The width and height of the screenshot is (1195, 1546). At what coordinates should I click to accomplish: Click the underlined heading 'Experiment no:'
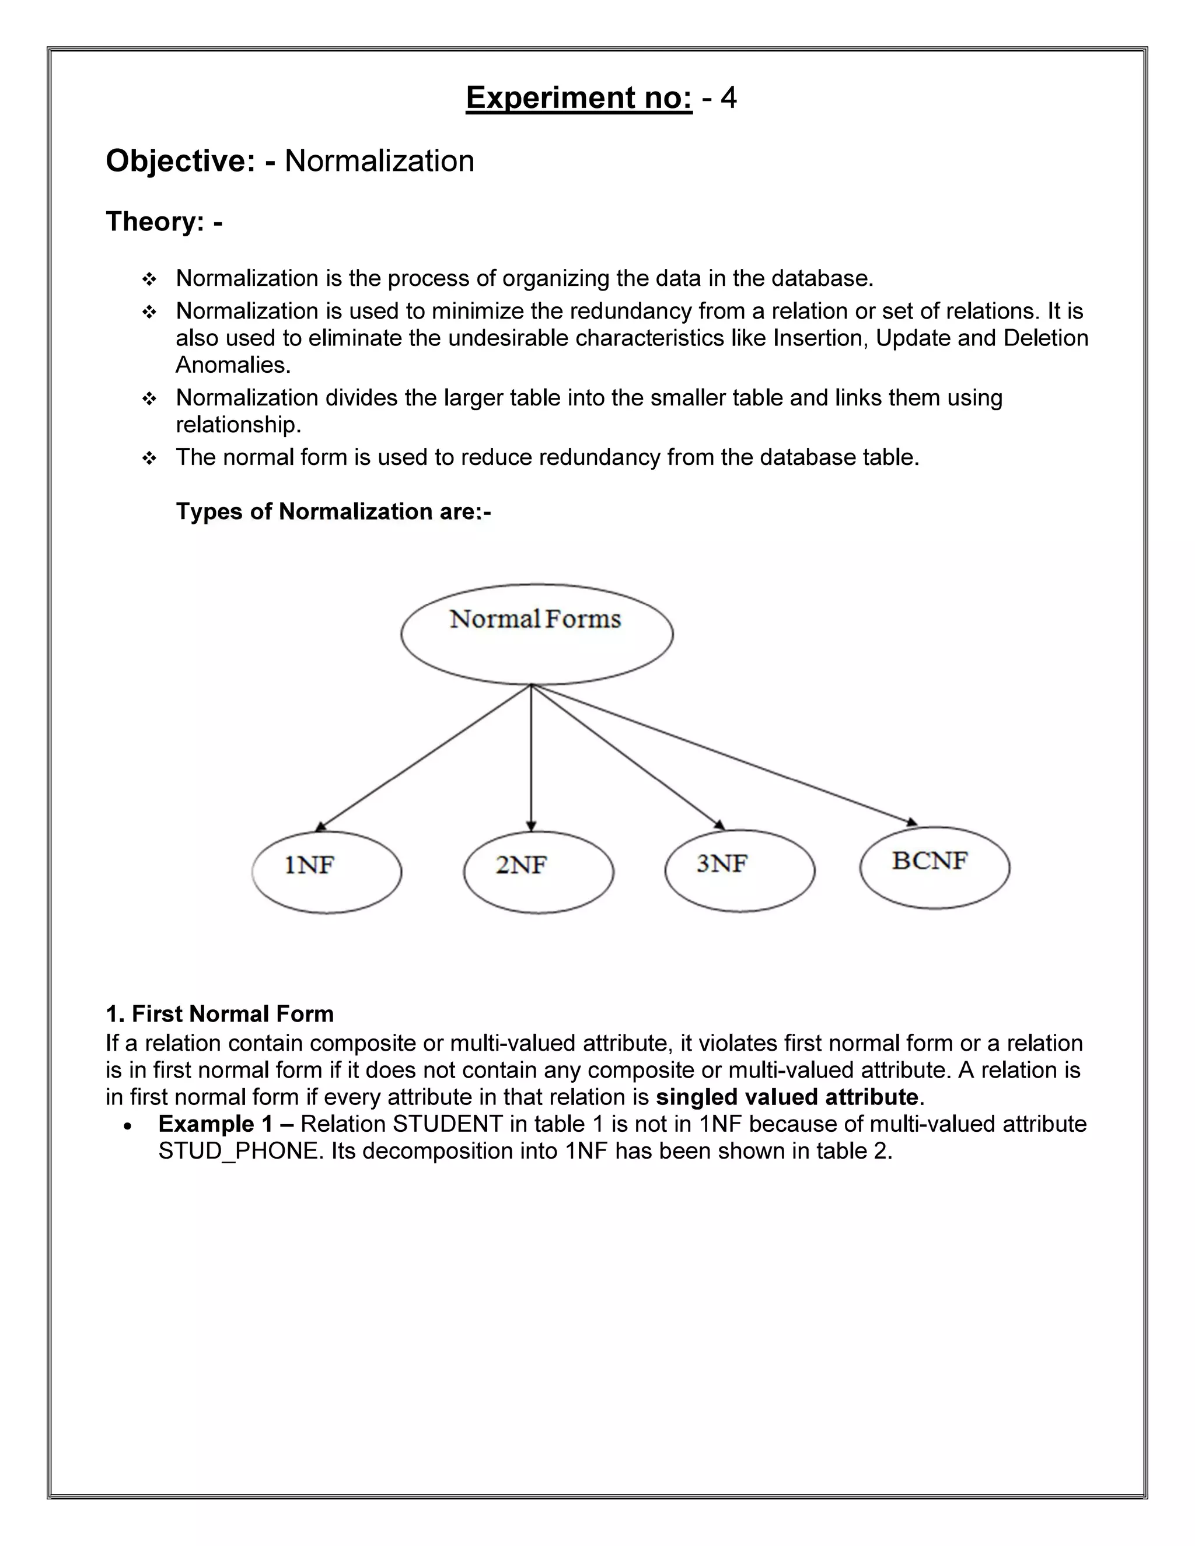pyautogui.click(x=578, y=97)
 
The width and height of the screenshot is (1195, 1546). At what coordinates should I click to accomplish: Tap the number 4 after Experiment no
pyautogui.click(x=728, y=97)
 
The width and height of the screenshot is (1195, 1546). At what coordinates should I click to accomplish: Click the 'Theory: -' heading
pyautogui.click(x=164, y=222)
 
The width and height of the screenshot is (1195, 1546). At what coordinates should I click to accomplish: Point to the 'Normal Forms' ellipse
pyautogui.click(x=537, y=634)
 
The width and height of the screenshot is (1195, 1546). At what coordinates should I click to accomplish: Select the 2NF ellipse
pyautogui.click(x=538, y=872)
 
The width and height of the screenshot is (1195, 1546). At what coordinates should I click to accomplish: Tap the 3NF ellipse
pyautogui.click(x=739, y=870)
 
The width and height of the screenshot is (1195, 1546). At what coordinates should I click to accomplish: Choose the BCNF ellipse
pyautogui.click(x=935, y=867)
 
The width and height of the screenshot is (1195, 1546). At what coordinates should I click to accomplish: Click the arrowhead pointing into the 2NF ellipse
pyautogui.click(x=531, y=826)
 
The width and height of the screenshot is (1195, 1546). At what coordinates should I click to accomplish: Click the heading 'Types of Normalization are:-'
pyautogui.click(x=333, y=511)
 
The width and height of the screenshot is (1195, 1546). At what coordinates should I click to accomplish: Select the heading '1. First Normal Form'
pyautogui.click(x=219, y=1014)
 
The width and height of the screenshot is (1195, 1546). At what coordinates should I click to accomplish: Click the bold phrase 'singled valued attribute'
pyautogui.click(x=787, y=1097)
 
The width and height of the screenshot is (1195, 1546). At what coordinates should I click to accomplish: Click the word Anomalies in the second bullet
pyautogui.click(x=233, y=365)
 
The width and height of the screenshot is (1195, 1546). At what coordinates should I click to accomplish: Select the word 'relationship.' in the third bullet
pyautogui.click(x=239, y=425)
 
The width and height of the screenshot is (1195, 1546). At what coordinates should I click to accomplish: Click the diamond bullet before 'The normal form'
pyautogui.click(x=149, y=459)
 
